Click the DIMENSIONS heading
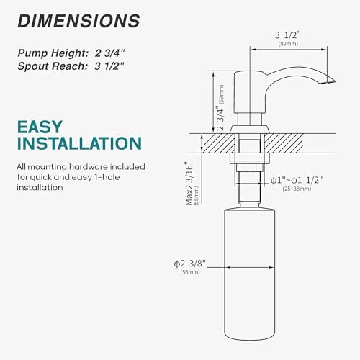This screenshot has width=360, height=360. click(x=78, y=21)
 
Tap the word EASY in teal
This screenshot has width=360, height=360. click(x=40, y=127)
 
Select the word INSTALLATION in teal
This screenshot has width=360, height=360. click(x=79, y=143)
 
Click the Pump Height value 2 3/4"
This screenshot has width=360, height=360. click(x=110, y=53)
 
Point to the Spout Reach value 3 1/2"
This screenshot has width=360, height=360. click(x=109, y=66)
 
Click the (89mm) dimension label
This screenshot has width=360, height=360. click(x=288, y=44)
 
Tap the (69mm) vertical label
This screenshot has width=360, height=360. click(x=222, y=94)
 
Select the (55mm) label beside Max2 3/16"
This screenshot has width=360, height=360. click(x=197, y=196)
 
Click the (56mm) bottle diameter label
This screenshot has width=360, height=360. click(x=190, y=272)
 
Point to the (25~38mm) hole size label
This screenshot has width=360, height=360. click(x=297, y=189)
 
